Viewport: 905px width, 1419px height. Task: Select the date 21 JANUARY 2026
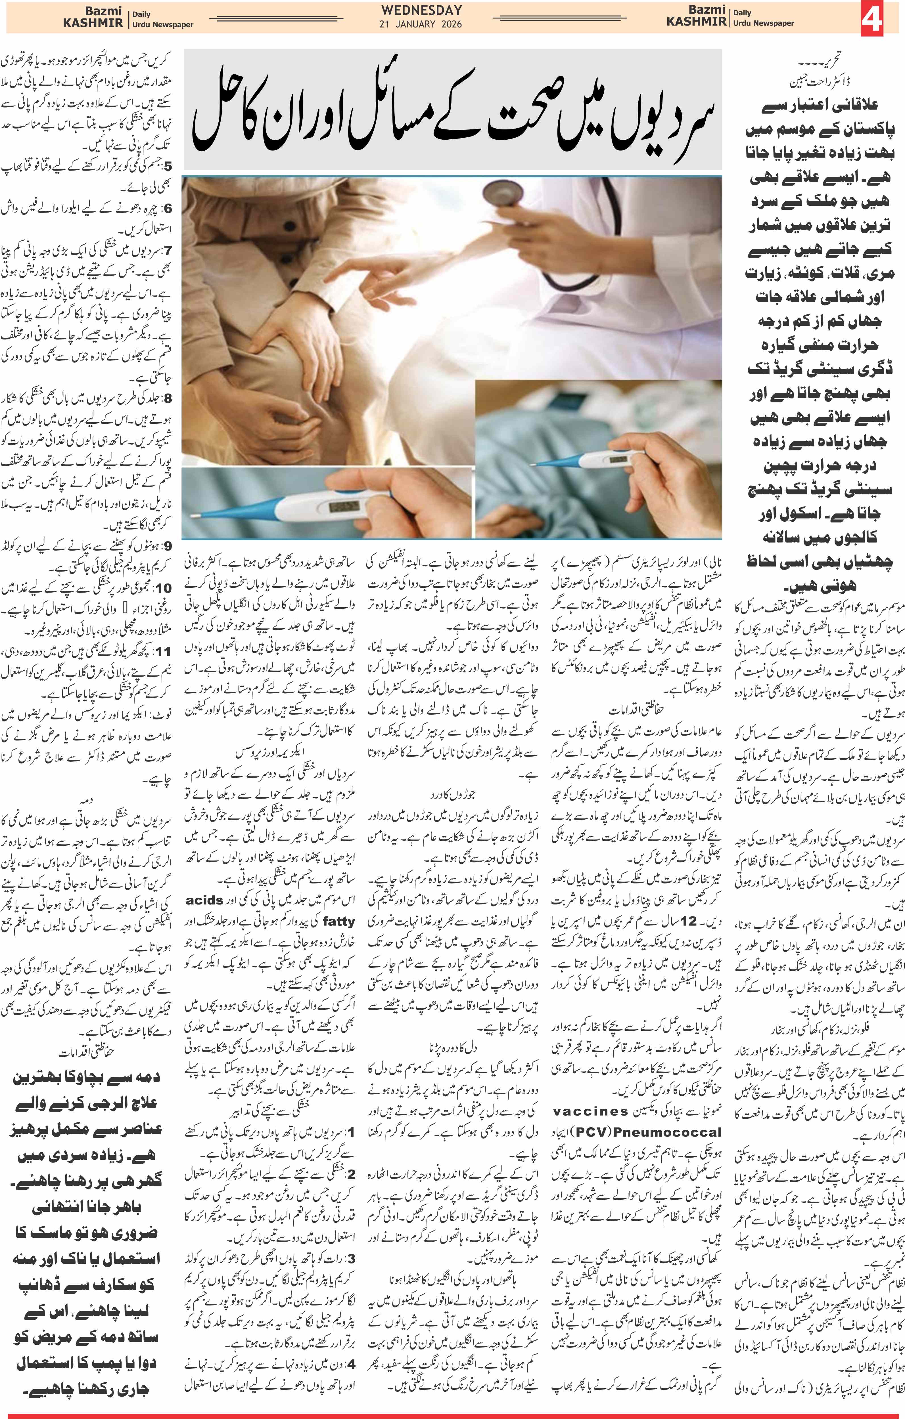click(x=421, y=24)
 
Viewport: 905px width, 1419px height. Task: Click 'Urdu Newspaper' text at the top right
click(x=764, y=24)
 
